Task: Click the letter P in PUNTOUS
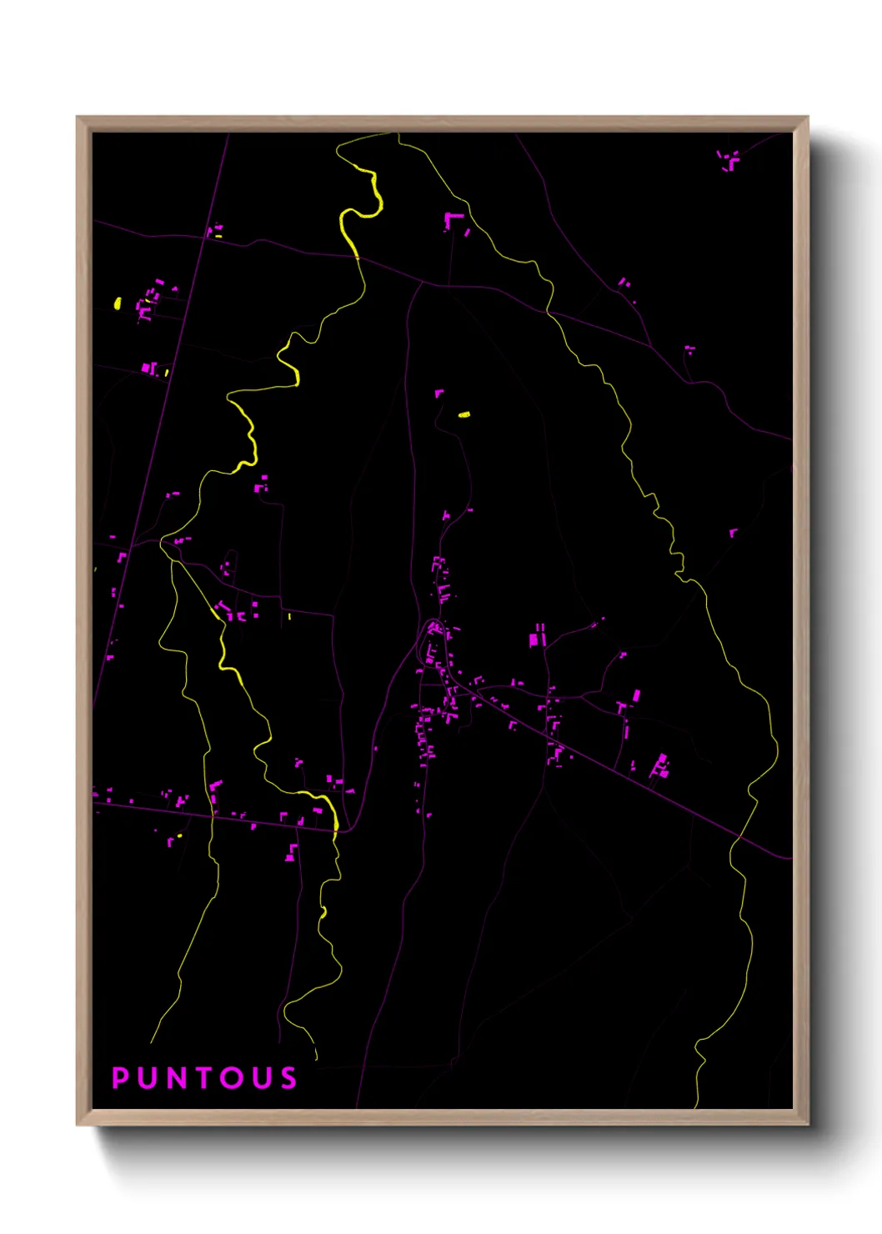click(120, 1078)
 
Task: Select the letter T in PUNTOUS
click(203, 1078)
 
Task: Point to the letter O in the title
click(233, 1078)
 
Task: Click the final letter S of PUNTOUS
click(288, 1078)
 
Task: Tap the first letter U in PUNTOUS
click(146, 1078)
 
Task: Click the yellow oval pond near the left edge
click(118, 303)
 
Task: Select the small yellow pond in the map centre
click(464, 414)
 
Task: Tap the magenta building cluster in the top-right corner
click(729, 158)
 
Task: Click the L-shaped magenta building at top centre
click(452, 220)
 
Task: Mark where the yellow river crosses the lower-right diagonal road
click(739, 835)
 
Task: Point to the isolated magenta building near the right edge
click(733, 532)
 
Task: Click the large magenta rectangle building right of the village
click(534, 640)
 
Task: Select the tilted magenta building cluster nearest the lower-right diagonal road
click(660, 765)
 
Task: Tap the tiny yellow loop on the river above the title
click(323, 913)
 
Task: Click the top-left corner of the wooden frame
click(78, 118)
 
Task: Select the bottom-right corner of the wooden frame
click(807, 1124)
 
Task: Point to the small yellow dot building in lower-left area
click(178, 835)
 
